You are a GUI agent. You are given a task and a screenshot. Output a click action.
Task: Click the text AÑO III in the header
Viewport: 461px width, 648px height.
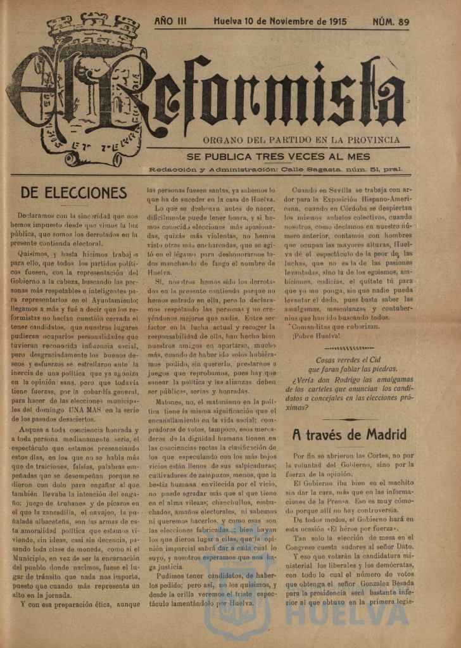tap(170, 22)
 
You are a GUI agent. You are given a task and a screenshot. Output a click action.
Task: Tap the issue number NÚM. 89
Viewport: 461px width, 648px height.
tap(390, 22)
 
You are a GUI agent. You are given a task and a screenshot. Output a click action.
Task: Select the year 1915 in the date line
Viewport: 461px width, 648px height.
tap(334, 22)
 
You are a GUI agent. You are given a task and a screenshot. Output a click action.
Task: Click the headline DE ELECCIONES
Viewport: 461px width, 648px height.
tap(73, 193)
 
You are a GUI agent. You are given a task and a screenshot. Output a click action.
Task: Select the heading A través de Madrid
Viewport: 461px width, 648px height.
tap(349, 435)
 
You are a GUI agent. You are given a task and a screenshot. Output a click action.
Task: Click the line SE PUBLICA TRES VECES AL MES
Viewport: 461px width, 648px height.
tap(277, 156)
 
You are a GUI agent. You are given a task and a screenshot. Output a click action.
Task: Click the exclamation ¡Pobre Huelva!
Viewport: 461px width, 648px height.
tap(316, 336)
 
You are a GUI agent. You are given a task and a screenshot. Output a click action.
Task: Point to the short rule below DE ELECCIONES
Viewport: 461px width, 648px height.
tap(73, 206)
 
